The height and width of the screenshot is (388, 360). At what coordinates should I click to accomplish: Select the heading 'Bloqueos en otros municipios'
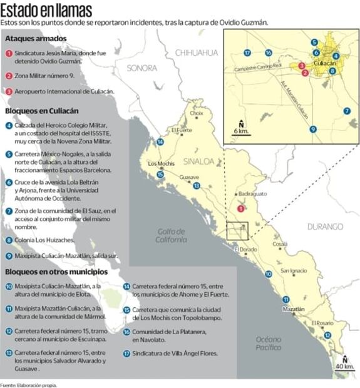click(x=56, y=272)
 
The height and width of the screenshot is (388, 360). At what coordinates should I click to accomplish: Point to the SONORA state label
click(x=142, y=68)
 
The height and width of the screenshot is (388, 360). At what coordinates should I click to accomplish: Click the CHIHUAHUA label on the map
click(x=196, y=53)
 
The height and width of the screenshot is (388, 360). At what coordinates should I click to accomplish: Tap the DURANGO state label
click(x=325, y=226)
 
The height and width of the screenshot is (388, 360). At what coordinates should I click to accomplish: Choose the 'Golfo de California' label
click(x=172, y=235)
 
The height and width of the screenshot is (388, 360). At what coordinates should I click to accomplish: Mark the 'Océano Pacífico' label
click(x=269, y=343)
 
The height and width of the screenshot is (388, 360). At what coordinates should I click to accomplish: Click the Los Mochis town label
click(x=160, y=164)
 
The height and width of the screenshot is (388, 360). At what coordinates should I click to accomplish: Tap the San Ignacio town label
click(x=294, y=271)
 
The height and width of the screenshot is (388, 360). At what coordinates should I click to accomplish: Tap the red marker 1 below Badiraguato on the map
click(x=242, y=209)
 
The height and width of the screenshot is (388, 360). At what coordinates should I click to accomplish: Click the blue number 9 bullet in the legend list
click(x=9, y=255)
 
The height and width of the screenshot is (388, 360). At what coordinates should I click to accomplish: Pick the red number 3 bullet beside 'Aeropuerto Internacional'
click(x=9, y=91)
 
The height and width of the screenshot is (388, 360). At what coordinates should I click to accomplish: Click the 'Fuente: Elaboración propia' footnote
click(x=29, y=384)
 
